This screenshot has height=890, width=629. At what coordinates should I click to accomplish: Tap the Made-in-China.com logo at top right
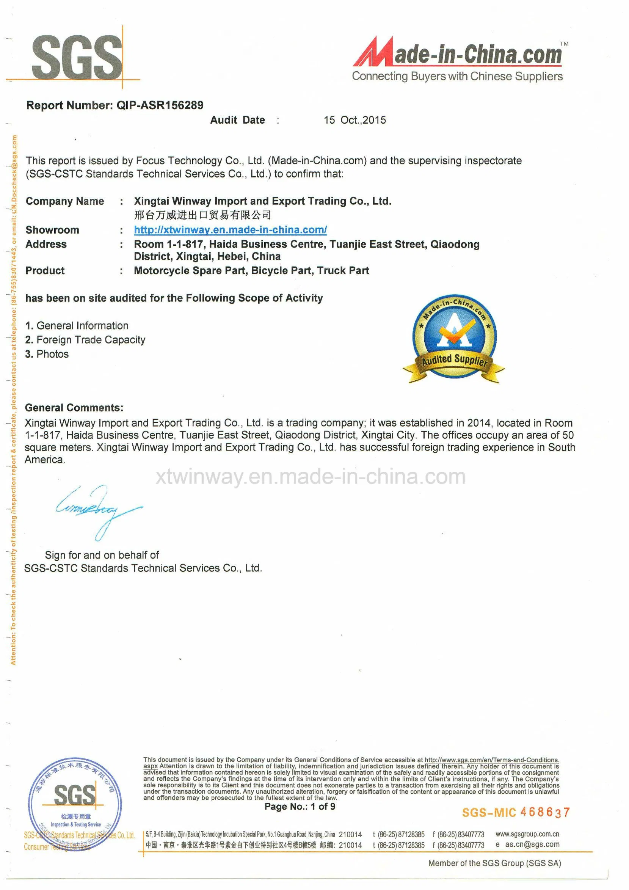[x=457, y=58]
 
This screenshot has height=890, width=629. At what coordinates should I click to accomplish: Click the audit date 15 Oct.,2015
[x=354, y=120]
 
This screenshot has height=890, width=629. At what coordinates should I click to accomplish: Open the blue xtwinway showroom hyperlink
[x=230, y=230]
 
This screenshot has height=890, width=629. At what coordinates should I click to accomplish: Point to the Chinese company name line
[x=202, y=215]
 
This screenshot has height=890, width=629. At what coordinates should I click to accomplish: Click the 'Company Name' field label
[x=65, y=201]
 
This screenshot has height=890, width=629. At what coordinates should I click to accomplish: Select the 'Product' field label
[x=45, y=271]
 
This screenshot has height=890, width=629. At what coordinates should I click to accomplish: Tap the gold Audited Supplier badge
[x=454, y=339]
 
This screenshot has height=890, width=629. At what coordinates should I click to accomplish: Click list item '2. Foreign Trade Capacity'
[x=85, y=340]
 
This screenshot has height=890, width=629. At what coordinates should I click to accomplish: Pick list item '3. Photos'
[x=47, y=354]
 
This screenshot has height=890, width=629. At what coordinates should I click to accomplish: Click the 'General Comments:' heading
[x=74, y=407]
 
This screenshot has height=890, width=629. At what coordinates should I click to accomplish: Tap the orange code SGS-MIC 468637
[x=516, y=812]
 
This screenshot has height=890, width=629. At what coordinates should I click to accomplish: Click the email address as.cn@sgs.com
[x=532, y=844]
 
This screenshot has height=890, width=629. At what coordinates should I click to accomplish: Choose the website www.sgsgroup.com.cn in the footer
[x=527, y=834]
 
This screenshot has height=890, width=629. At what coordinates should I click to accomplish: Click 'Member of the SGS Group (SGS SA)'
[x=494, y=863]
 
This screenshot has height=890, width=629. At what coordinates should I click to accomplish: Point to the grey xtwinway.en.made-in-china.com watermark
[x=311, y=476]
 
